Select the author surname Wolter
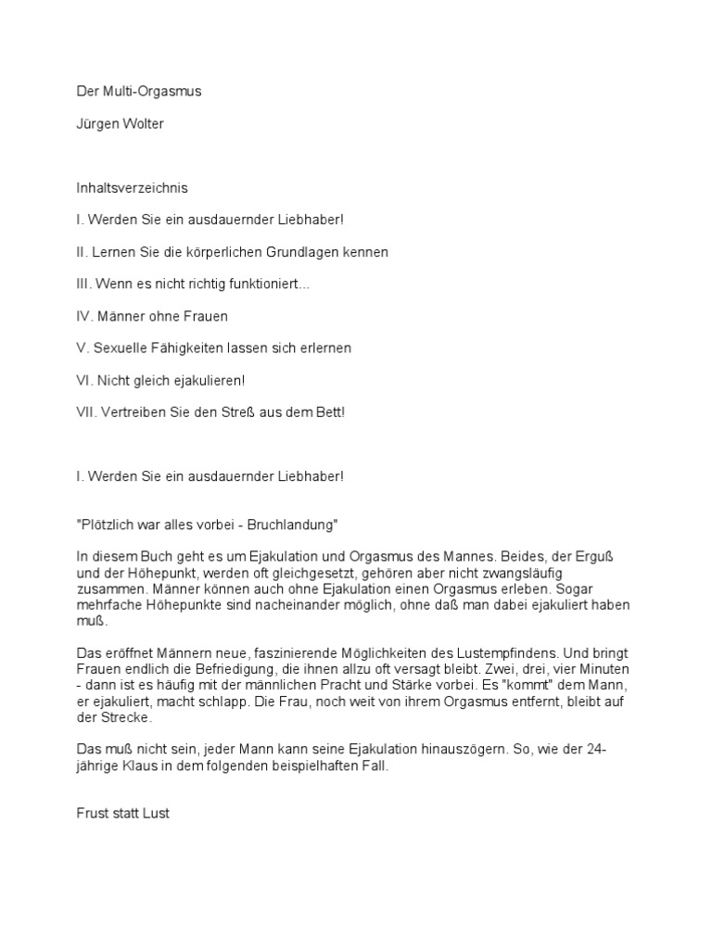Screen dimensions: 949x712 point(142,123)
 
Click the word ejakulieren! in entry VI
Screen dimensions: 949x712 point(207,380)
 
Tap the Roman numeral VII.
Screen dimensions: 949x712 point(85,411)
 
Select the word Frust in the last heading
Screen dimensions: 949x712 point(92,813)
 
